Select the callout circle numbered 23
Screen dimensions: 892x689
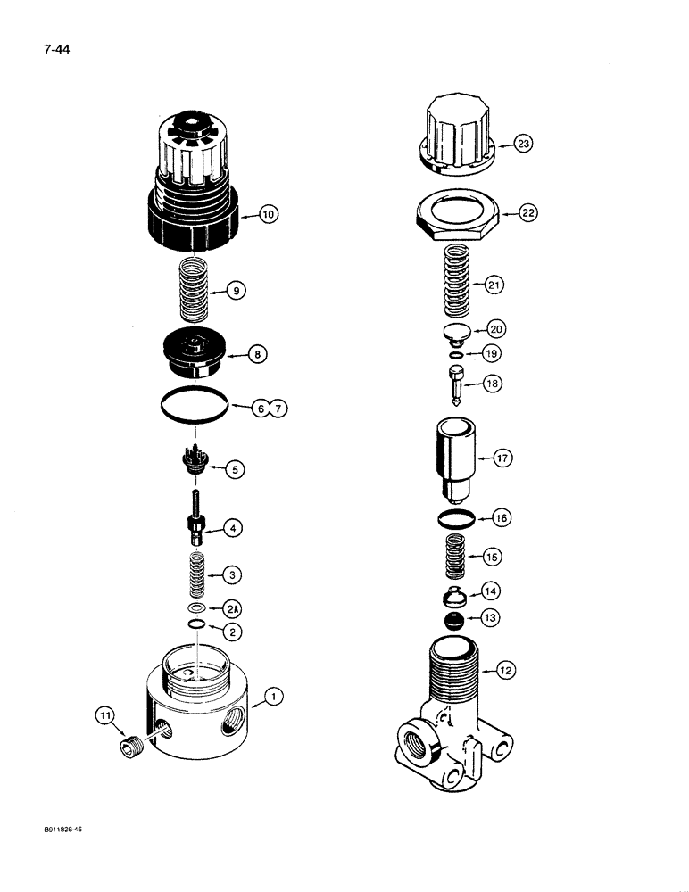(x=523, y=143)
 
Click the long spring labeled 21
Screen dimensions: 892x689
(x=458, y=285)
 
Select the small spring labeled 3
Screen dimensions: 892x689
(x=198, y=576)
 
